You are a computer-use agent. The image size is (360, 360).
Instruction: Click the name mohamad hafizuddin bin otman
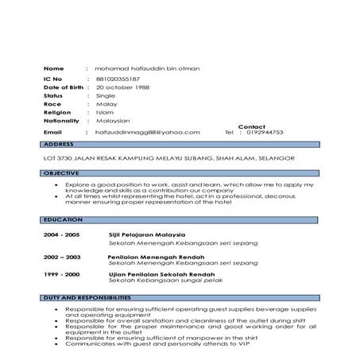click(x=147, y=68)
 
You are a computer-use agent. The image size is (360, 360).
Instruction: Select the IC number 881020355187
click(x=116, y=80)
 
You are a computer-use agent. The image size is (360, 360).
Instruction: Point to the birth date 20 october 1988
click(x=122, y=87)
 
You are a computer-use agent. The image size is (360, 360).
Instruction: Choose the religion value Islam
click(x=104, y=112)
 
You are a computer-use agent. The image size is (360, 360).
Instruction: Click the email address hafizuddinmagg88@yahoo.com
click(x=147, y=132)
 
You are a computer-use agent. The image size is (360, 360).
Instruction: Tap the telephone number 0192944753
click(x=265, y=132)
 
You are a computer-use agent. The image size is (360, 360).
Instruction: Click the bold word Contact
click(x=251, y=126)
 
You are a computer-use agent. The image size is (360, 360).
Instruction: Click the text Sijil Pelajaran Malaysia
click(x=147, y=236)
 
